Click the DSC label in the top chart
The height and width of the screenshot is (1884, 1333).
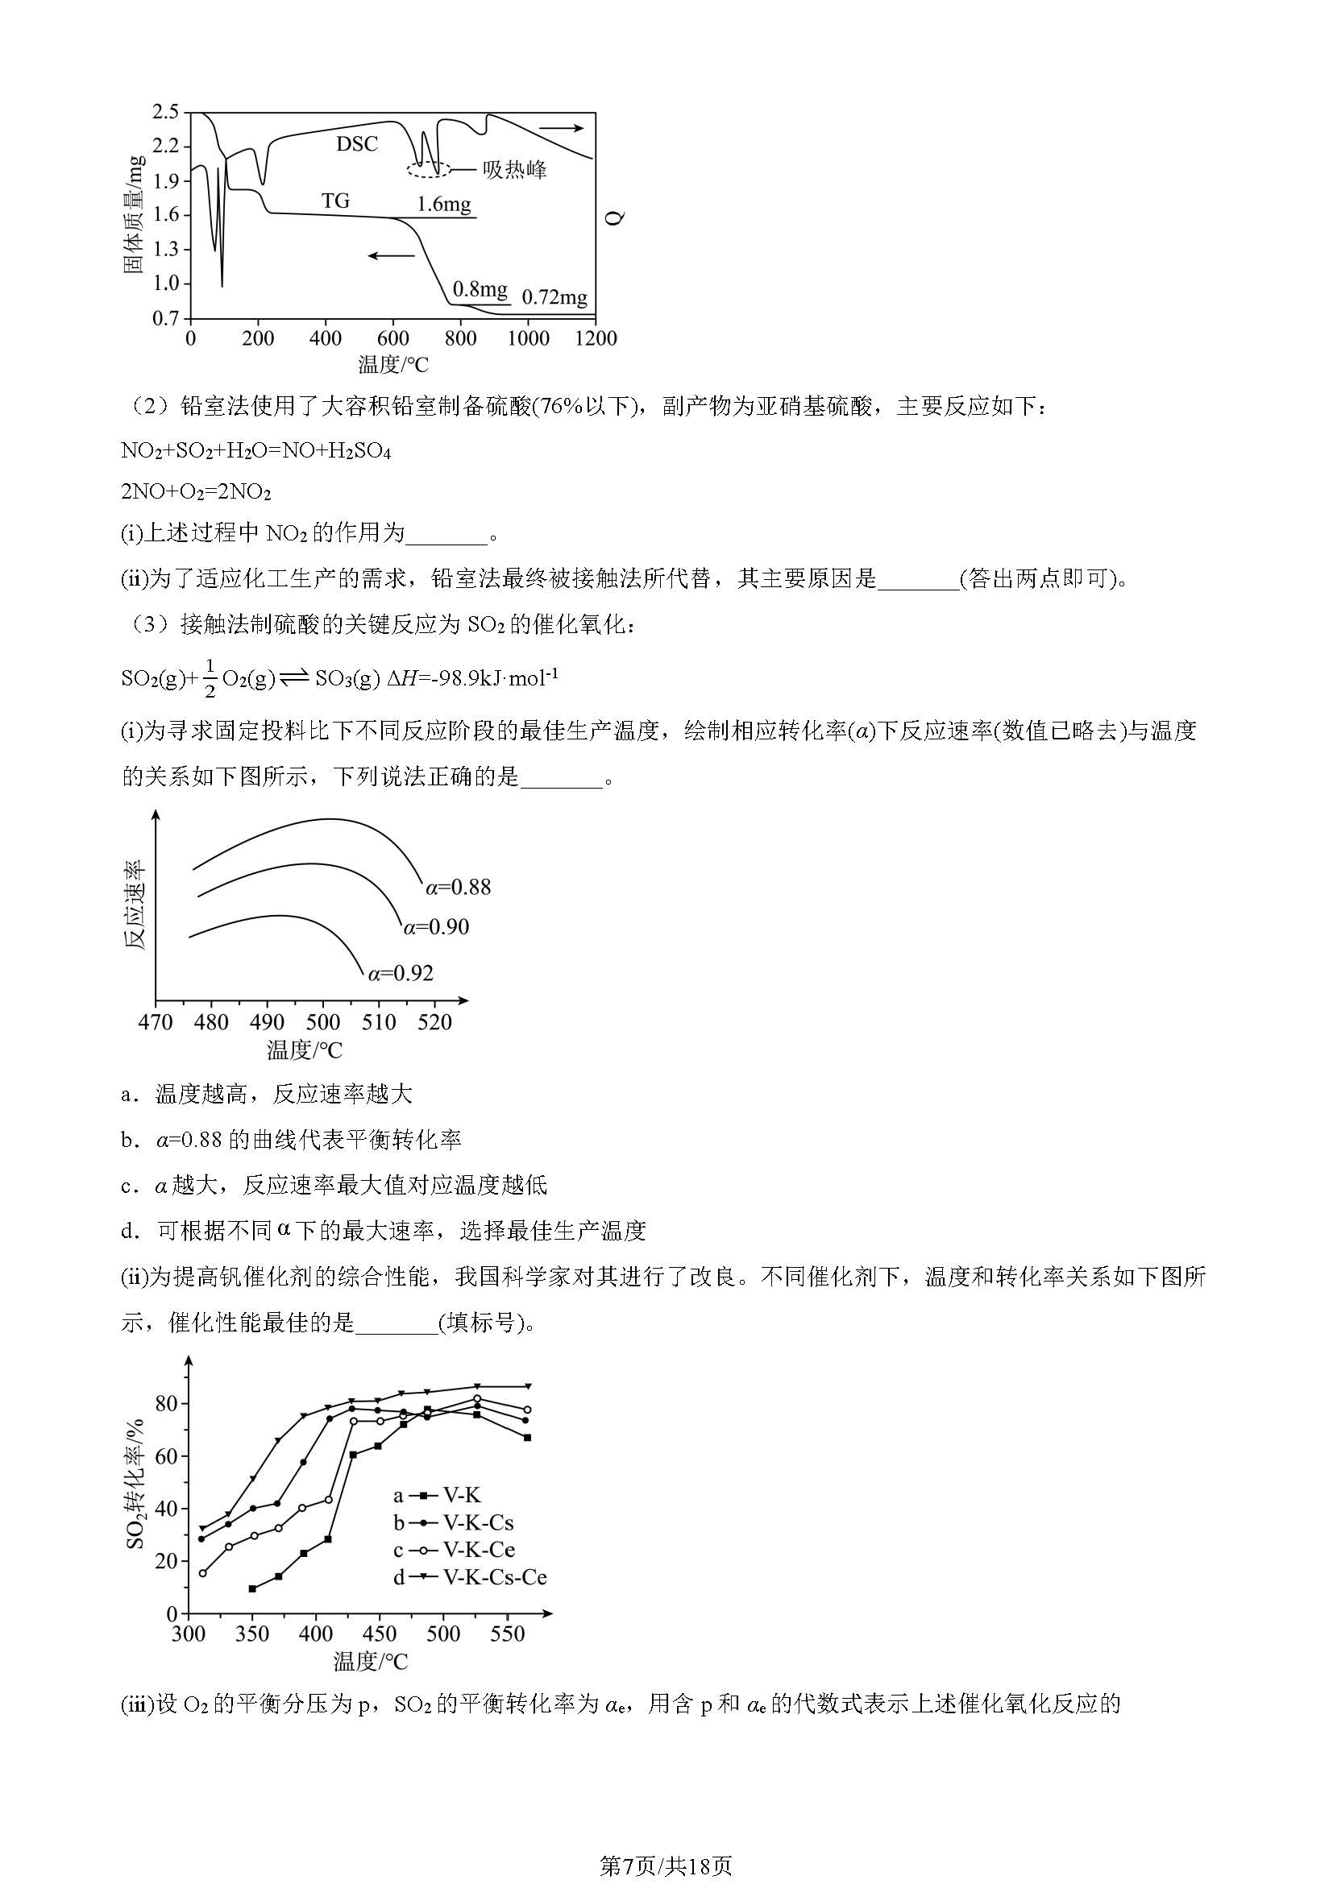click(x=356, y=144)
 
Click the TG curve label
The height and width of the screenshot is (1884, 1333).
click(x=335, y=201)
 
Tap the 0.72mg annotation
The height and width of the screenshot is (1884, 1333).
click(x=554, y=297)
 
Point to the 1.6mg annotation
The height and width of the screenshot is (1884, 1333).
click(x=443, y=205)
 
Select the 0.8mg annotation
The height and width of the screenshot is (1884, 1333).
click(x=480, y=289)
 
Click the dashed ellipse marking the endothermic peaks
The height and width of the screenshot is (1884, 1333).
click(x=429, y=170)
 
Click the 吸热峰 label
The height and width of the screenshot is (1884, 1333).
click(x=515, y=171)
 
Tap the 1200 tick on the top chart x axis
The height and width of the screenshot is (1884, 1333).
click(x=595, y=339)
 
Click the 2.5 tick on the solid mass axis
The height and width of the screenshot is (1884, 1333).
click(x=165, y=113)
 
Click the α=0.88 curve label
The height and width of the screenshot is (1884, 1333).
click(x=458, y=887)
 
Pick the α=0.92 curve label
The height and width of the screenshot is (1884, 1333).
click(x=401, y=973)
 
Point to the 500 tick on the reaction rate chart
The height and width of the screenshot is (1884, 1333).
click(x=322, y=1022)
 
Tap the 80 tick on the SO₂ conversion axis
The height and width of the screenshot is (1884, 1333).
click(x=166, y=1404)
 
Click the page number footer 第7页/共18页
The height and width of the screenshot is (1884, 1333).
click(x=666, y=1844)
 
